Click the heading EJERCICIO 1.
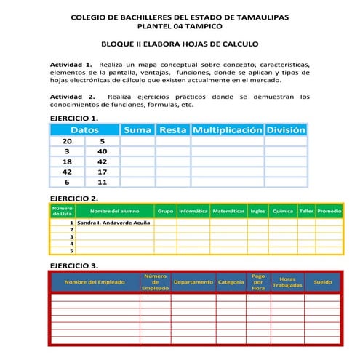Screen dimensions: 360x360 pyautogui.click(x=73, y=118)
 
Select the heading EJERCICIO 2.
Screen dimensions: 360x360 pyautogui.click(x=73, y=198)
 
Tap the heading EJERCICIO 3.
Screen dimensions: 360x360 pyautogui.click(x=73, y=265)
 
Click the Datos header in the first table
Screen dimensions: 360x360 pyautogui.click(x=84, y=129)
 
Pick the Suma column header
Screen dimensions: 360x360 pyautogui.click(x=137, y=129)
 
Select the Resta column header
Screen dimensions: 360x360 pyautogui.click(x=172, y=129)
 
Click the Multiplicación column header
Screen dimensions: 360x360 pyautogui.click(x=227, y=129)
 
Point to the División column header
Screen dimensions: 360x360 pyautogui.click(x=286, y=129)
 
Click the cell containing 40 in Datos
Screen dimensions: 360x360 pyautogui.click(x=102, y=151)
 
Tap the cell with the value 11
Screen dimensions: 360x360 pyautogui.click(x=102, y=183)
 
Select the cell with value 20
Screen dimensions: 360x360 pyautogui.click(x=67, y=141)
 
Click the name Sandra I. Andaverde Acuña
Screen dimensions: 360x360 pyautogui.click(x=114, y=223)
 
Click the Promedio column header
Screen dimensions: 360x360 pyautogui.click(x=329, y=211)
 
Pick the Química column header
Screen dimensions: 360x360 pyautogui.click(x=282, y=211)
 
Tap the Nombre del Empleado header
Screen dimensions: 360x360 pyautogui.click(x=95, y=281)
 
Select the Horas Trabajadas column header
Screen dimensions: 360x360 pyautogui.click(x=287, y=281)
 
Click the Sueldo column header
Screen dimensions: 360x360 pyautogui.click(x=322, y=281)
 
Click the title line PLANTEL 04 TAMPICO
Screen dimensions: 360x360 pyautogui.click(x=179, y=25)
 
